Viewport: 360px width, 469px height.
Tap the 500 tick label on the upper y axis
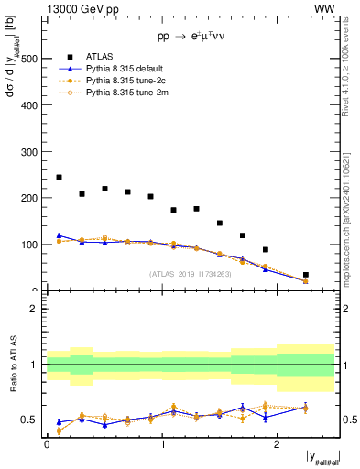(x=30, y=58)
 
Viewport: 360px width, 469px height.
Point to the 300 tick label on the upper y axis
(x=30, y=151)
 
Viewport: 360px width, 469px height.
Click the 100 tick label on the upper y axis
(x=30, y=245)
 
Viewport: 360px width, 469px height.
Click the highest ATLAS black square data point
(x=59, y=177)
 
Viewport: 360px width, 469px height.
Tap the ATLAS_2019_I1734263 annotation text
(x=190, y=273)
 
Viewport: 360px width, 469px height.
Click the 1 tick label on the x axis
(x=162, y=443)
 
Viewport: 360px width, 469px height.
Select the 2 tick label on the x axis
(x=278, y=443)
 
